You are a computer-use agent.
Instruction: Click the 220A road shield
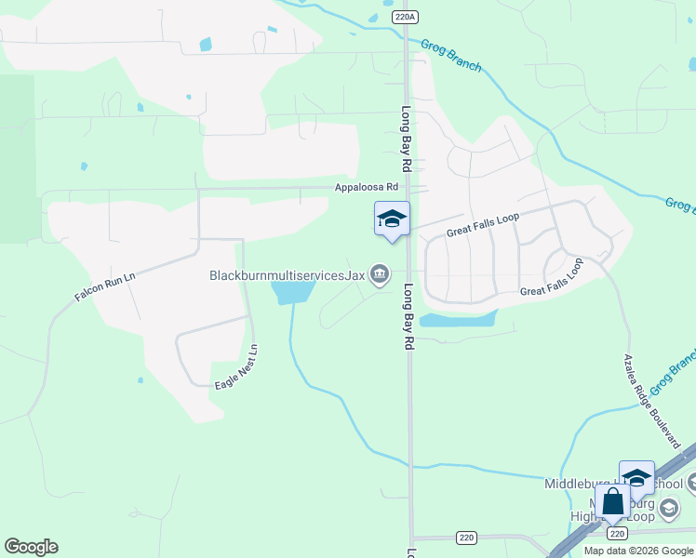point(402,17)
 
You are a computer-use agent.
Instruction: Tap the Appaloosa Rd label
point(367,187)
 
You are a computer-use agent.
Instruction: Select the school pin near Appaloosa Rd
point(392,219)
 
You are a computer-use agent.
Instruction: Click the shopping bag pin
point(613,503)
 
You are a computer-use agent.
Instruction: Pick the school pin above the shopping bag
point(636,477)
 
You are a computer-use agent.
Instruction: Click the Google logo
point(31,547)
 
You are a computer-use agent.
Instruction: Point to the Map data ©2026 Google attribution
point(638,551)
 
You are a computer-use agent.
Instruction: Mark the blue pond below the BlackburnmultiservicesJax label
point(292,292)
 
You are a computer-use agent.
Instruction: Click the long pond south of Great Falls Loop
point(458,320)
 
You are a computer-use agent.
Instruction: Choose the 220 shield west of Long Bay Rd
point(466,538)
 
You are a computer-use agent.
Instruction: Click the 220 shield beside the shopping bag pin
point(615,533)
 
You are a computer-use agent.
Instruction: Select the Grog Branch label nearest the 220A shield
point(451,55)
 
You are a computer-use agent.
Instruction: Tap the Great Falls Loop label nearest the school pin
point(482,225)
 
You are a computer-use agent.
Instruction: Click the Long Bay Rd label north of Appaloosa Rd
point(407,139)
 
